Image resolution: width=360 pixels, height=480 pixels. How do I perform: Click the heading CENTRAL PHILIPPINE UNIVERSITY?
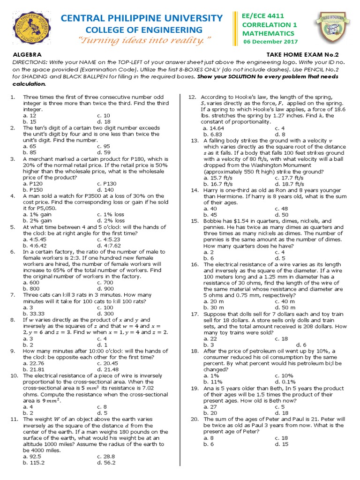coord(142,18)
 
